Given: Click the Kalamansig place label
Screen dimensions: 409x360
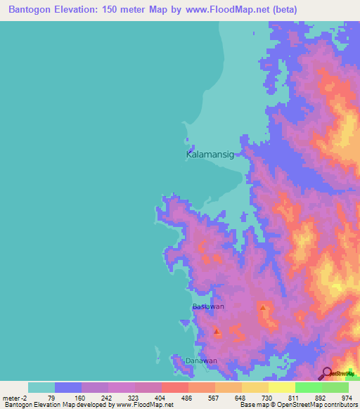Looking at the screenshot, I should (x=209, y=153).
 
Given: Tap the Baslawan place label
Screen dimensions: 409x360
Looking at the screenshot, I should (x=208, y=307).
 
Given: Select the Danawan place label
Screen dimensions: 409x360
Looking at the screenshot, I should (x=201, y=361).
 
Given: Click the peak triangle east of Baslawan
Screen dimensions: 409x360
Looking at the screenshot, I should (x=262, y=308).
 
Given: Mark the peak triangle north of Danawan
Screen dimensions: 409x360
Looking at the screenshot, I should (x=217, y=331).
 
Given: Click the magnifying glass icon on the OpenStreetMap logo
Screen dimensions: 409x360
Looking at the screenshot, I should (x=326, y=373).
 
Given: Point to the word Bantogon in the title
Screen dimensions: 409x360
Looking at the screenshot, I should (x=33, y=10).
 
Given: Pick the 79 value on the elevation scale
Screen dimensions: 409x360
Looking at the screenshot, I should (x=55, y=397).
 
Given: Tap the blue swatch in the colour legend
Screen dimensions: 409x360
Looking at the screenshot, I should (x=68, y=387).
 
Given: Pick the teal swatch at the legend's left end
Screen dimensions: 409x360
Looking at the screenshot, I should (x=41, y=387).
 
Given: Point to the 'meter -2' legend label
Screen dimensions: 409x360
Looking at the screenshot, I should (x=16, y=397).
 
